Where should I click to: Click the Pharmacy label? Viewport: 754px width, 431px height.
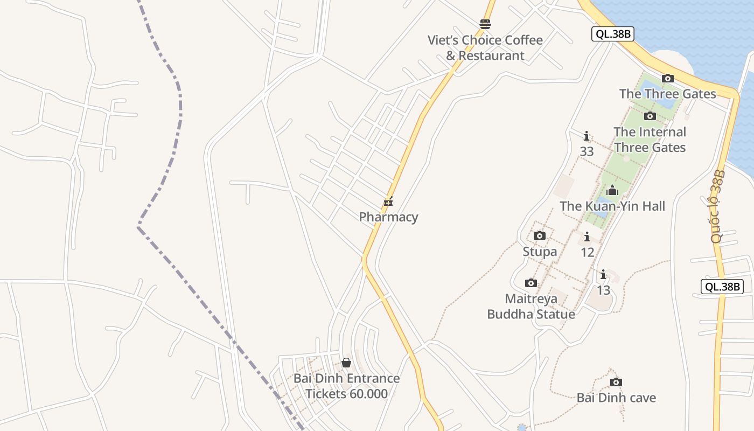(x=388, y=217)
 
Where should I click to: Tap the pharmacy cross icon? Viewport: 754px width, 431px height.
(x=388, y=203)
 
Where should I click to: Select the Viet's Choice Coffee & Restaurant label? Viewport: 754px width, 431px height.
(x=485, y=47)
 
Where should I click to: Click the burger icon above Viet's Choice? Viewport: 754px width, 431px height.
(x=485, y=24)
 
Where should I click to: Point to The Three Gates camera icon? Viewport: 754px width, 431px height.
(x=668, y=79)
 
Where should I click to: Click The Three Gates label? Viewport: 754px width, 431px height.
(x=668, y=94)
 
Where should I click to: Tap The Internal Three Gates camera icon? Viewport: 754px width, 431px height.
(x=650, y=116)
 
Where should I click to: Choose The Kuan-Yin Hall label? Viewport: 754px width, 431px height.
(x=612, y=206)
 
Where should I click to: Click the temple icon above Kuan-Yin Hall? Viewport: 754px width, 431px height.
(x=612, y=190)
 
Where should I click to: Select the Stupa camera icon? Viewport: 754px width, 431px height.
(x=540, y=236)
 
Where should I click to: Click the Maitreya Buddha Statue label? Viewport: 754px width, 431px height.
(x=531, y=306)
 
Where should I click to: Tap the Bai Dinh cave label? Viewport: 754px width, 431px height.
(x=616, y=398)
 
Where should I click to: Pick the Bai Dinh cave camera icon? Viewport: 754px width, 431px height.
(x=616, y=383)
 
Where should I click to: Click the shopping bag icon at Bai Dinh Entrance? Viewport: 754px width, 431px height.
(x=346, y=363)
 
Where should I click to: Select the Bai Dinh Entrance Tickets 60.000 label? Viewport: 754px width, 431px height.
(x=346, y=386)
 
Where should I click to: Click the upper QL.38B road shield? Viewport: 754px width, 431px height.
(x=612, y=34)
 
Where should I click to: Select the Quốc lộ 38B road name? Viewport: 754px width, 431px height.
(x=718, y=206)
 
